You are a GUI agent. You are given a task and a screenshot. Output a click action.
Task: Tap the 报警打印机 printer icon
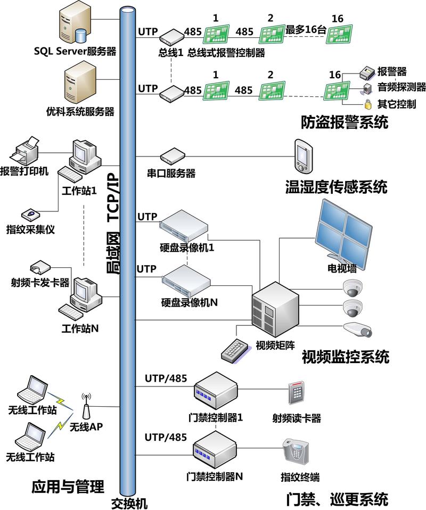click(25, 151)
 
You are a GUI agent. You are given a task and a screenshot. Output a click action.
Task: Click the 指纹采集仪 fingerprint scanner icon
click(31, 214)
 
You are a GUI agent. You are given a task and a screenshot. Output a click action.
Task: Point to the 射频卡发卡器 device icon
click(40, 267)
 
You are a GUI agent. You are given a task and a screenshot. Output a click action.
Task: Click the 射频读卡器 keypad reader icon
click(297, 394)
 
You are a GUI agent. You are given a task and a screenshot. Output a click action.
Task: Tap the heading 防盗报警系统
click(343, 123)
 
